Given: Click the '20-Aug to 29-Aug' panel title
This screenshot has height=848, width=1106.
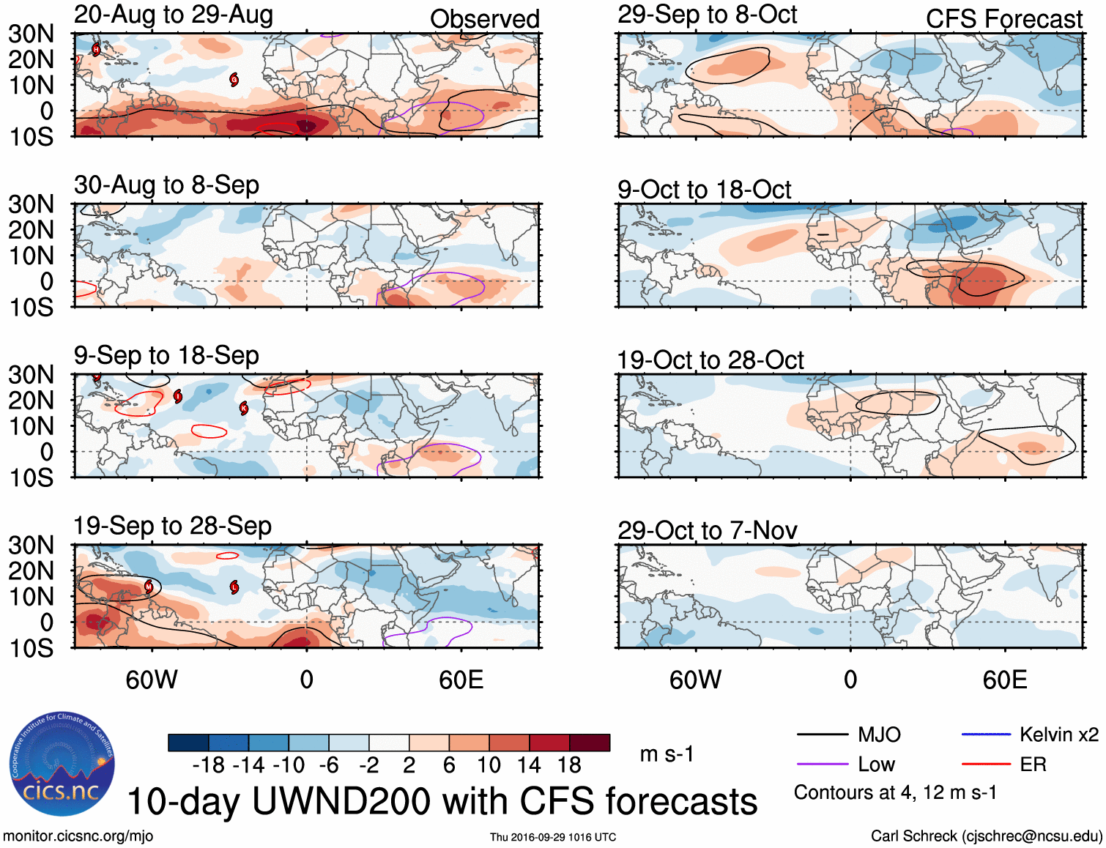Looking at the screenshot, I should [174, 15].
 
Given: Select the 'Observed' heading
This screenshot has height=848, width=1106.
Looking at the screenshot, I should [484, 19].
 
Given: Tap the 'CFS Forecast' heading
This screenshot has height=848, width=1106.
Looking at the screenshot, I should [1003, 19].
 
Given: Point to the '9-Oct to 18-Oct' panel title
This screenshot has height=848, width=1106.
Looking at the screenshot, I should [704, 190].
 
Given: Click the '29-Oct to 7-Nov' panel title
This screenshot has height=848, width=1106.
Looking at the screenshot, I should [707, 530].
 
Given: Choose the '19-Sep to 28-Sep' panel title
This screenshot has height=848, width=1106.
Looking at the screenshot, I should [172, 526].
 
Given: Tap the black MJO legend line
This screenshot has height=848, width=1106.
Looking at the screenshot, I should [822, 734].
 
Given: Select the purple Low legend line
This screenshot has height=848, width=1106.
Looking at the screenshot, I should [822, 765].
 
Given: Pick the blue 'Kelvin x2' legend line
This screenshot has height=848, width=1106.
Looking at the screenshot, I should [986, 734].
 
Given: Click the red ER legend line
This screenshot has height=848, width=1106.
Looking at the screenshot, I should [986, 765].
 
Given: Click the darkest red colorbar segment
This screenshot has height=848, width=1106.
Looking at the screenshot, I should [590, 743].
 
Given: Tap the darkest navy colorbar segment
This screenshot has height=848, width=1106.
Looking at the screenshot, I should [188, 743].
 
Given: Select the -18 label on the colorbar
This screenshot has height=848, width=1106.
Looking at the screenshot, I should [208, 765].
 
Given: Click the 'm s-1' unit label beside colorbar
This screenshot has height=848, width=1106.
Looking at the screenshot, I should [667, 754].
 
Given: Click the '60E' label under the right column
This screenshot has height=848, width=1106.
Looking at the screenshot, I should [1004, 680].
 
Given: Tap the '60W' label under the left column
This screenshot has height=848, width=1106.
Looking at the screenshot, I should [152, 680].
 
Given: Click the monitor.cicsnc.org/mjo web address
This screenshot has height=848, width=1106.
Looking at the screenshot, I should [78, 836].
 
